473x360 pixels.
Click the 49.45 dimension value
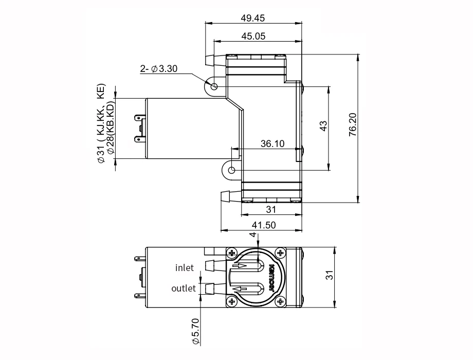pos(252,18)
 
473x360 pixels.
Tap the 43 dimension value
pos(323,126)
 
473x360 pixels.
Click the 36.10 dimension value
pos(272,143)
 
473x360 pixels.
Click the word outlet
pos(183,288)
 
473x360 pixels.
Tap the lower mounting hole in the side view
pos(232,170)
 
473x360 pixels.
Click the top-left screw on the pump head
pos(232,253)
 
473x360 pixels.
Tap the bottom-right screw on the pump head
pos(280,301)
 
